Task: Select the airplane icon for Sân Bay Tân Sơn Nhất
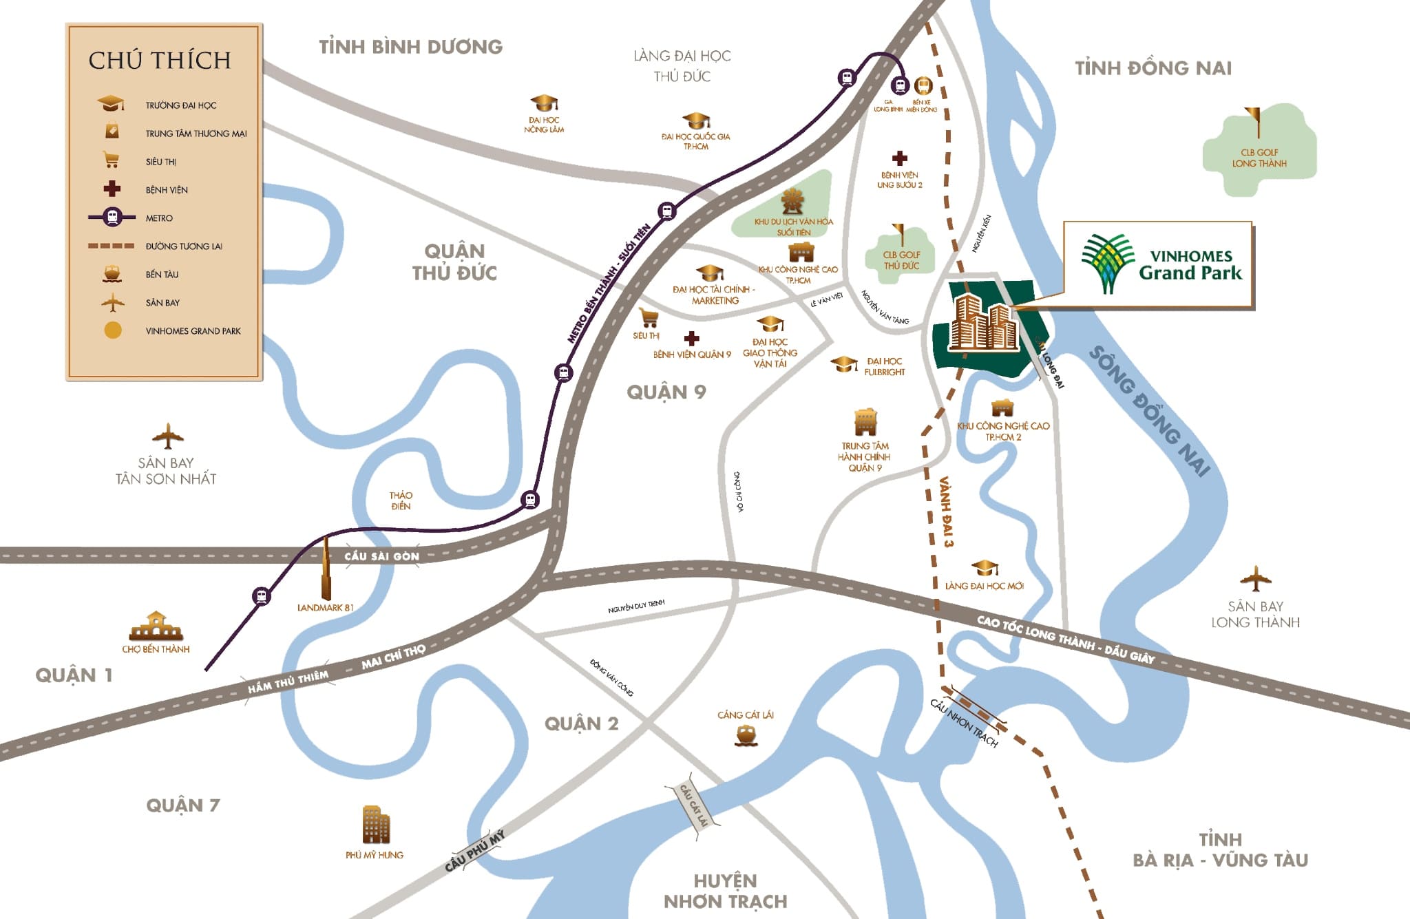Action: click(167, 436)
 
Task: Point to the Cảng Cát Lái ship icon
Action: click(746, 735)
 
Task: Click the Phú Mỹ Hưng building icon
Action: click(375, 825)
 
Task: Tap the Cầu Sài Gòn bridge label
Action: click(381, 556)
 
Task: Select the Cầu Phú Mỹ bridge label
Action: click(474, 851)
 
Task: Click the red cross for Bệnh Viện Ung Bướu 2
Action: click(899, 158)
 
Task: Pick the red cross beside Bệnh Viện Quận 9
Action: click(692, 338)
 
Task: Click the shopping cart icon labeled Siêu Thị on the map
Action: click(648, 318)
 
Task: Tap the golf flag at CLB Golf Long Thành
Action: click(1254, 122)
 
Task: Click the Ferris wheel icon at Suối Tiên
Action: click(792, 202)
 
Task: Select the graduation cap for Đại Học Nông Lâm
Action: click(544, 103)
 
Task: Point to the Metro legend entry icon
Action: click(112, 218)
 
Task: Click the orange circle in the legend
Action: click(112, 330)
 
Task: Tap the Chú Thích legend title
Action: click(160, 61)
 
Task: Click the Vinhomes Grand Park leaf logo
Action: click(1107, 263)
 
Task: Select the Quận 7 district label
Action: click(182, 805)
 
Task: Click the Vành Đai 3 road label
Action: click(946, 511)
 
